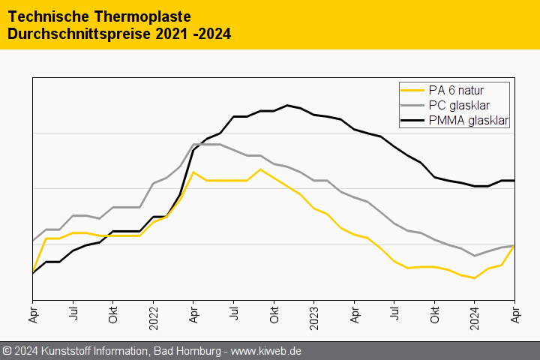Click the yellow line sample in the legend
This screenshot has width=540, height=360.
pos(412,91)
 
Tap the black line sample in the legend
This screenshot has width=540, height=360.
pos(412,120)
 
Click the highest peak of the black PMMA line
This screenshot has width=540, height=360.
pos(287,105)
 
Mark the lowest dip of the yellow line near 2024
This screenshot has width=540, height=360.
pos(474,278)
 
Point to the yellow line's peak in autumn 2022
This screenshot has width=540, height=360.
pos(260,169)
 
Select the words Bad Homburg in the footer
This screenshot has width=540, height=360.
pos(184,351)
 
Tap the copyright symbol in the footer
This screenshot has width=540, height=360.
pos(7,351)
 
